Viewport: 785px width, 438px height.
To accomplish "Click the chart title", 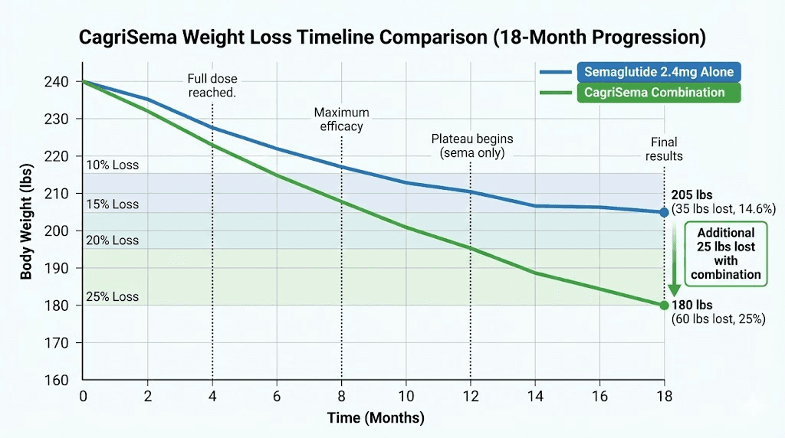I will (392, 38).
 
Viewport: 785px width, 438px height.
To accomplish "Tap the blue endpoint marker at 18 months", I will (664, 212).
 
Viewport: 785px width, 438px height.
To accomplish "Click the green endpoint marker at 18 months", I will (664, 305).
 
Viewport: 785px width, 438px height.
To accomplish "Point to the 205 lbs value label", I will (691, 195).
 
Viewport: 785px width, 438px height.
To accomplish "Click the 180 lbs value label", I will (691, 305).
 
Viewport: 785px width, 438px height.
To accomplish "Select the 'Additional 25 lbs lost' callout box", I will (725, 253).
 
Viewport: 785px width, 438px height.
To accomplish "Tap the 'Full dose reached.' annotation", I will (212, 85).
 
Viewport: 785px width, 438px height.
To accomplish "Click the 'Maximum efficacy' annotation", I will (341, 119).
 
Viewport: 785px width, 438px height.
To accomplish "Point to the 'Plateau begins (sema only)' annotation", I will (471, 145).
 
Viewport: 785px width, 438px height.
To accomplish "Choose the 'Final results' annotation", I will (664, 149).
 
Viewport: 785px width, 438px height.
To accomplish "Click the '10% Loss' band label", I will (113, 165).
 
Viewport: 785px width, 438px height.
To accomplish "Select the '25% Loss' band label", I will (113, 296).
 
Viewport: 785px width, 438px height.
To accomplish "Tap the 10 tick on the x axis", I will (406, 396).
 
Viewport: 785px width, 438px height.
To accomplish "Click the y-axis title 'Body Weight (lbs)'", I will (27, 230).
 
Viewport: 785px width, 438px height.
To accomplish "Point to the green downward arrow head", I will (674, 291).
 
